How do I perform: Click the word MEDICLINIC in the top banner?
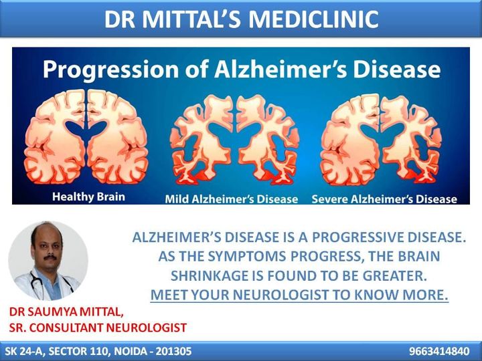(x=313, y=19)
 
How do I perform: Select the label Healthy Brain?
(x=88, y=197)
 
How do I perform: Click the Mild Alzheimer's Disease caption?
(x=232, y=199)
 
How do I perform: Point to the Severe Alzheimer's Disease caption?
(x=384, y=199)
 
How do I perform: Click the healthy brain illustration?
(x=86, y=136)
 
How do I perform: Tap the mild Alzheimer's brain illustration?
(x=234, y=140)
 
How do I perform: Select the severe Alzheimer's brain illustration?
(x=381, y=140)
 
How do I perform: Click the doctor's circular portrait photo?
(x=48, y=261)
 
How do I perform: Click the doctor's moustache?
(x=50, y=257)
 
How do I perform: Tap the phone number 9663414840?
(x=439, y=351)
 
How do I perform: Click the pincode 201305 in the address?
(x=173, y=351)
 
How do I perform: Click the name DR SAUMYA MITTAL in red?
(x=66, y=312)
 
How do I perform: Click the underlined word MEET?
(x=169, y=295)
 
